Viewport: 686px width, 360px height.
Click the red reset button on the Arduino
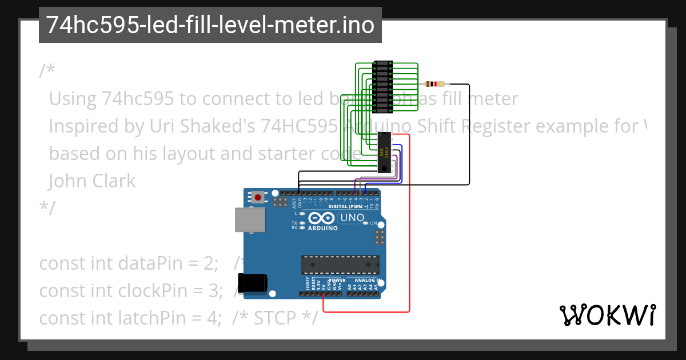pyautogui.click(x=258, y=198)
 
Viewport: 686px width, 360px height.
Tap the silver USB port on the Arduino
pyautogui.click(x=250, y=220)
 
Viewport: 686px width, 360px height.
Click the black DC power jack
pyautogui.click(x=252, y=282)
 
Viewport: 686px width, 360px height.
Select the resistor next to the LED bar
pyautogui.click(x=435, y=84)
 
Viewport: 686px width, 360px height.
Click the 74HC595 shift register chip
pyautogui.click(x=386, y=152)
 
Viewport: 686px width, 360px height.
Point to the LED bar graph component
pyautogui.click(x=381, y=86)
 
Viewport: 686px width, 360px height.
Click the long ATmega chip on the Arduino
pyautogui.click(x=340, y=265)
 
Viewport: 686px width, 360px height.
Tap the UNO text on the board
pyautogui.click(x=352, y=218)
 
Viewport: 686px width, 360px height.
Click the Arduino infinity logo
pyautogui.click(x=322, y=218)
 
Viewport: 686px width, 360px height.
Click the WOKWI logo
pyautogui.click(x=607, y=315)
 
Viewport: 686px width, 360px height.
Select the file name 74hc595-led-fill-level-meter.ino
pyautogui.click(x=210, y=25)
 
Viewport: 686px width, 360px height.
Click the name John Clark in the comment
pyautogui.click(x=92, y=181)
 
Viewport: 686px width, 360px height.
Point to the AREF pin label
pyautogui.click(x=294, y=201)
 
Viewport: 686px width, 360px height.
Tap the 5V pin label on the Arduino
pyautogui.click(x=324, y=285)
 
